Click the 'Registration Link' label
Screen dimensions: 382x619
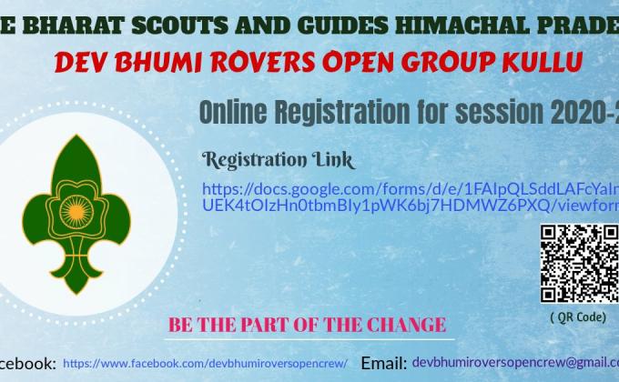tap(278, 160)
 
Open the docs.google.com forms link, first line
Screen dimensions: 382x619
tap(410, 189)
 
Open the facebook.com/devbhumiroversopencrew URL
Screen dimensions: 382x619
tap(205, 363)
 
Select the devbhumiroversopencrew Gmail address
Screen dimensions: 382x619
tap(514, 362)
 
